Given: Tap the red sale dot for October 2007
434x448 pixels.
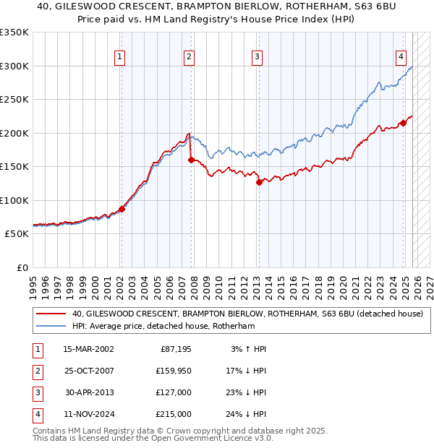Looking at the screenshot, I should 190,160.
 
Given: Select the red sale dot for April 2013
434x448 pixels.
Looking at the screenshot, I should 258,183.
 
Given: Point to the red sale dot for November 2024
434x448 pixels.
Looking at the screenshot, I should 403,123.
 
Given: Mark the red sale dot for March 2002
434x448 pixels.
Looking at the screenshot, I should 122,209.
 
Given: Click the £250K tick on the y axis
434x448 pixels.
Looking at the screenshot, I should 14,100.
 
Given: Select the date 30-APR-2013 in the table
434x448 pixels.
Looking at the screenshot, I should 88,393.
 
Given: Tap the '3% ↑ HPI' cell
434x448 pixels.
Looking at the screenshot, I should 248,349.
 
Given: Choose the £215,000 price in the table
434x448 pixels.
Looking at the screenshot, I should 174,415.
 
